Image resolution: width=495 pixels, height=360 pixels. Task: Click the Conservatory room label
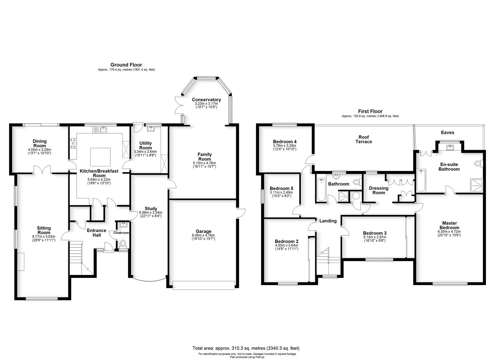click(206, 100)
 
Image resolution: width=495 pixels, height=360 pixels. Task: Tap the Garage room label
click(203, 231)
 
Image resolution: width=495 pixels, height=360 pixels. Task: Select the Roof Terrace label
click(364, 139)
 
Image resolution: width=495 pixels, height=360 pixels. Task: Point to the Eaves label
click(447, 132)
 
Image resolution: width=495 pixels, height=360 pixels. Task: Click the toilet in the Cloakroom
click(123, 243)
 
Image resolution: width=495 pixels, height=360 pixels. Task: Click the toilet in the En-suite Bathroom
click(479, 164)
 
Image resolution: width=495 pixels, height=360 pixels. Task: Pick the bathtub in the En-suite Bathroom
click(421, 181)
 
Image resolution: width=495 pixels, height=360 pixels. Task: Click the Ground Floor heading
click(126, 65)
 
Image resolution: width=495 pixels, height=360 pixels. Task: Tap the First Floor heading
click(370, 111)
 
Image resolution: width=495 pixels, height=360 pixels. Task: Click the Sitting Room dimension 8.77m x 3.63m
click(44, 236)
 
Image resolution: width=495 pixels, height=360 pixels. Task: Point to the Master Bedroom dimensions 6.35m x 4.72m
click(450, 231)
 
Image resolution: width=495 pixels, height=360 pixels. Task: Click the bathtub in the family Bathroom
click(321, 190)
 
